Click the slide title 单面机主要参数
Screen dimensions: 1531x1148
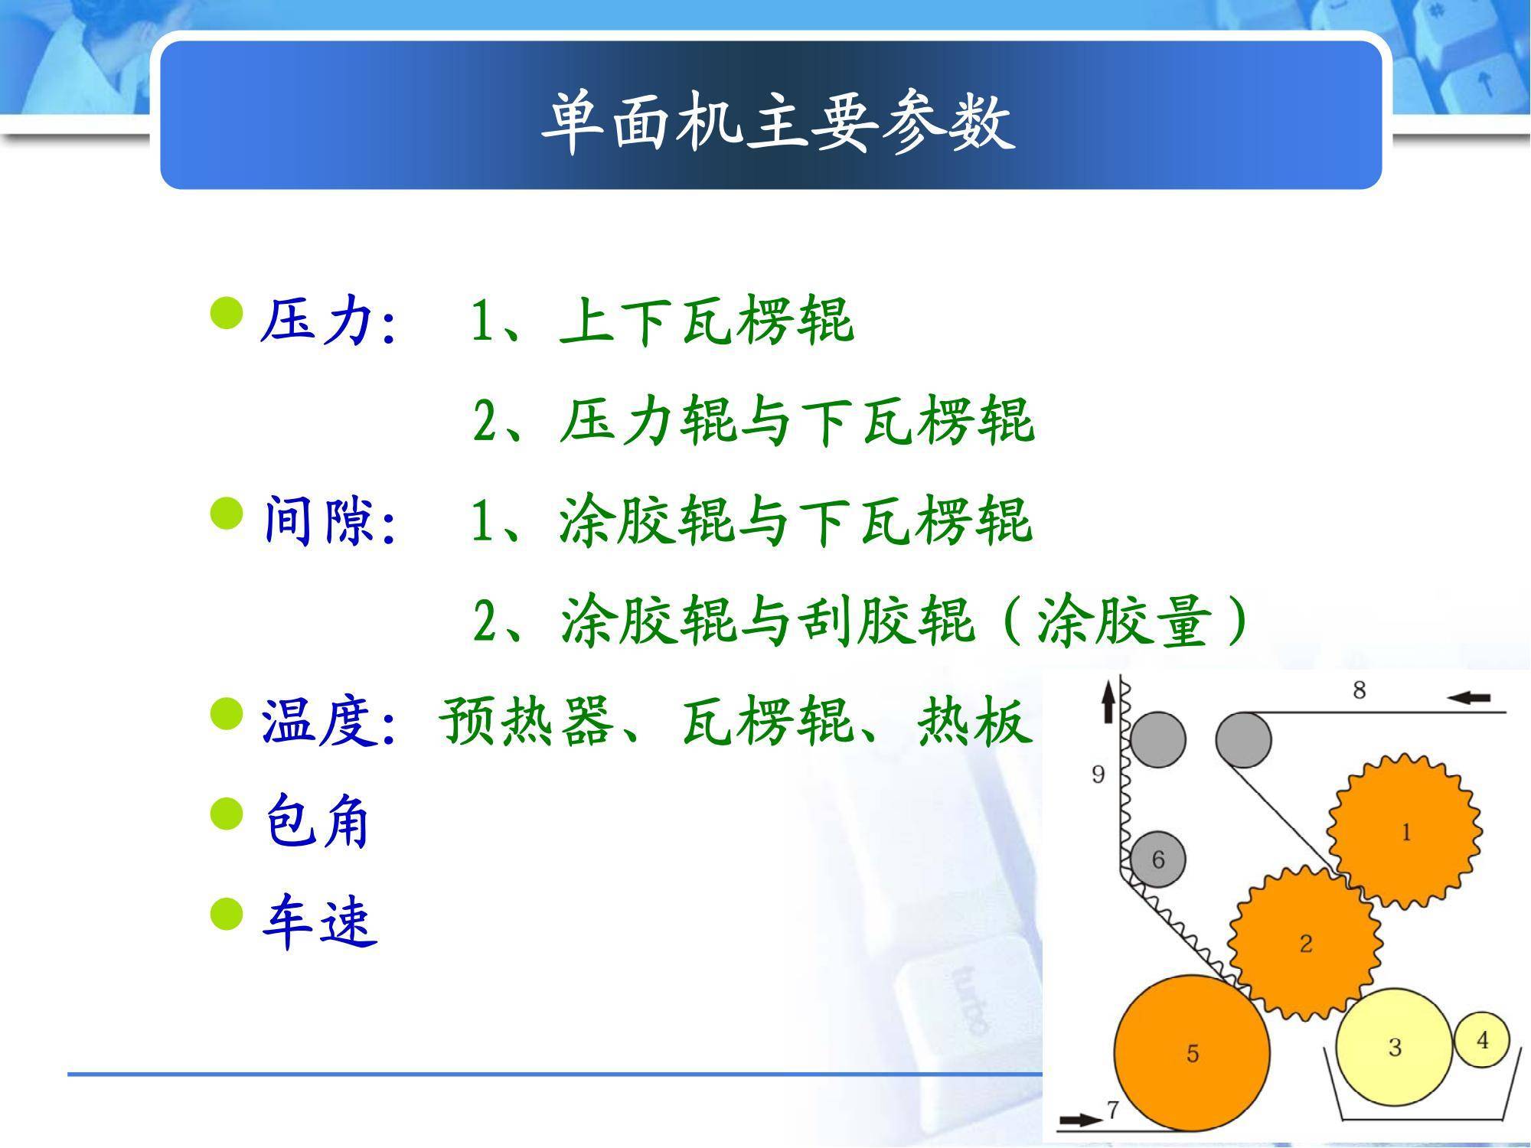click(x=778, y=123)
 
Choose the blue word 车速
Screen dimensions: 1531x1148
click(x=319, y=921)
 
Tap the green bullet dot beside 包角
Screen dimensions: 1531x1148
click(x=226, y=813)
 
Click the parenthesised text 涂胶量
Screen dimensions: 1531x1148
click(x=1125, y=621)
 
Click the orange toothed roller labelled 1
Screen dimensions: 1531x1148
click(x=1404, y=831)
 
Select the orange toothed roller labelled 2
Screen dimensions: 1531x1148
click(x=1305, y=943)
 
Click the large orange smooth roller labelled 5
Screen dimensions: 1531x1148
click(x=1192, y=1053)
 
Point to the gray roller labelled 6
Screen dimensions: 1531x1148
click(x=1157, y=859)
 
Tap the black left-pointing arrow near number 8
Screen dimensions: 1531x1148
click(x=1470, y=697)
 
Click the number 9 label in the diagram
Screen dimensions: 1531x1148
click(x=1098, y=775)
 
